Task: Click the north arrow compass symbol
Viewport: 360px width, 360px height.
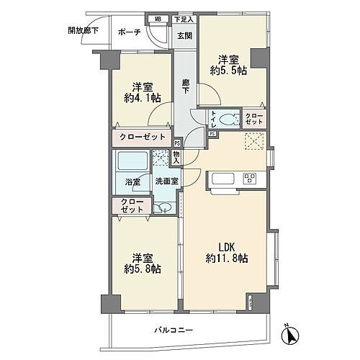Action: [x=291, y=335]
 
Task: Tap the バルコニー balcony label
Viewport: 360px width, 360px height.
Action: [x=176, y=330]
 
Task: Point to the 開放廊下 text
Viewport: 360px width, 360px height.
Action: [x=83, y=31]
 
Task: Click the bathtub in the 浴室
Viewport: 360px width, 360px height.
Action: [x=130, y=162]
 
